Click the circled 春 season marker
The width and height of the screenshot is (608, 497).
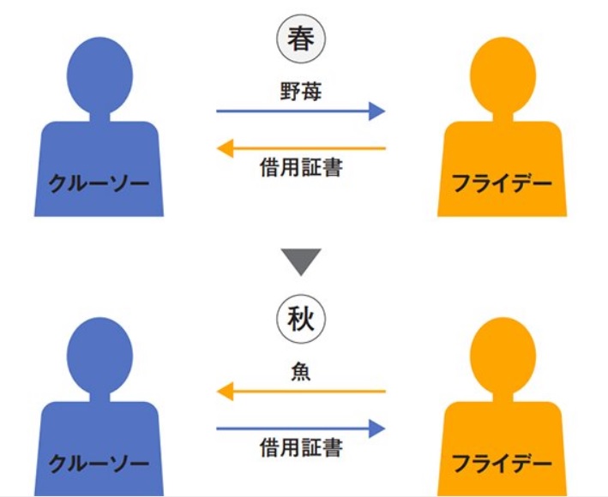coord(301,39)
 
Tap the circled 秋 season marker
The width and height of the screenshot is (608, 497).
coord(301,320)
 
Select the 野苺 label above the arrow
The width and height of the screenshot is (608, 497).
coord(301,92)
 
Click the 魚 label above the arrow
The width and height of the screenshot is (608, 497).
coord(301,372)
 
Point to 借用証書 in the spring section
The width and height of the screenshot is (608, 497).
coord(301,167)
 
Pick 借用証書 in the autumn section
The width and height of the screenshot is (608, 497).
coord(301,447)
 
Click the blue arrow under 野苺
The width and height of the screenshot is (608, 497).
coord(300,111)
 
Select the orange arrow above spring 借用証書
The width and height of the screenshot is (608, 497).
coord(301,148)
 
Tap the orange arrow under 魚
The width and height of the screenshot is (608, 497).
coord(301,392)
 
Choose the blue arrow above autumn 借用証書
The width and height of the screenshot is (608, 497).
coord(300,428)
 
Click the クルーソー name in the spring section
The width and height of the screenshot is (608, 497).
coord(99,183)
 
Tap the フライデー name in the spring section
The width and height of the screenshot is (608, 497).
coord(503,183)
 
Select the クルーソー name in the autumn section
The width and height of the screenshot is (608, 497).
coord(99,464)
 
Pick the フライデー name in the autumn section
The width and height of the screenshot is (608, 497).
coord(503,464)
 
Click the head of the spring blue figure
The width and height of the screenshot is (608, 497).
coord(99,75)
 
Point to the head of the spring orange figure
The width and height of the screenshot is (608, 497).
coord(503,75)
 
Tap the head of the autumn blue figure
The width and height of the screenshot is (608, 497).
coord(99,356)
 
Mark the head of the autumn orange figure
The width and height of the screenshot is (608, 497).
coord(503,356)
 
